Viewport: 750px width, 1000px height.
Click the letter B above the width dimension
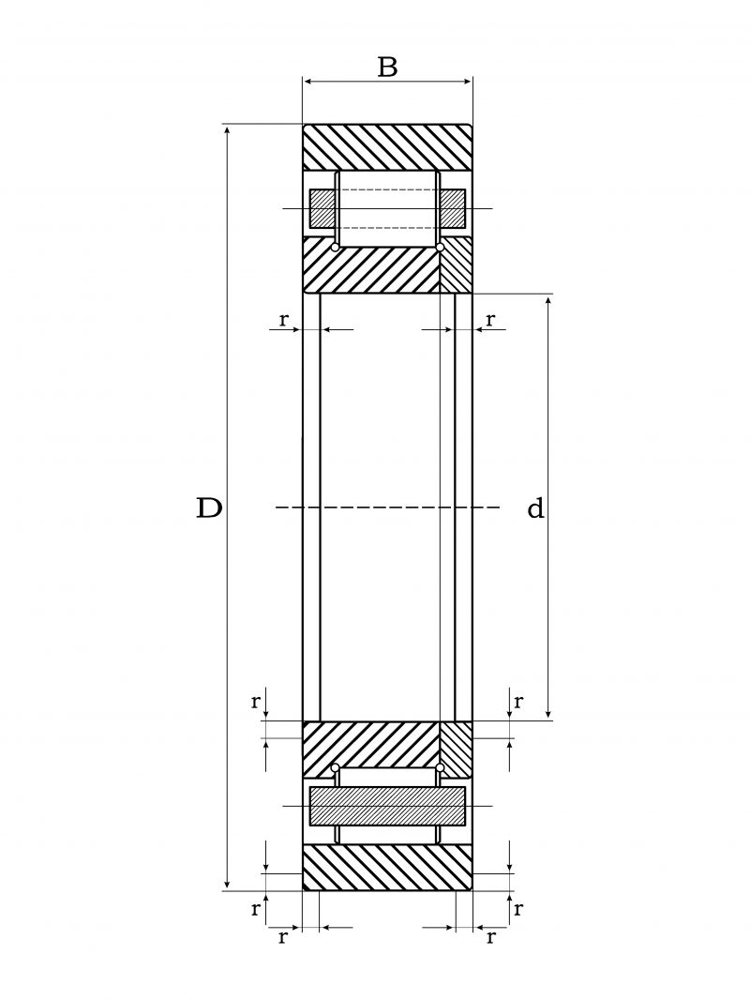(387, 68)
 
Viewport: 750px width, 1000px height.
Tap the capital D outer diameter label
(208, 508)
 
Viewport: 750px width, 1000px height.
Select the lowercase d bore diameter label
(535, 508)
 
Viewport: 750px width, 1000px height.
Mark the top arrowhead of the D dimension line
(228, 129)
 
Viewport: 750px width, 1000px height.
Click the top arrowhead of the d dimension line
(548, 299)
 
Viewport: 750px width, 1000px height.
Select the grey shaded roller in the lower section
(387, 806)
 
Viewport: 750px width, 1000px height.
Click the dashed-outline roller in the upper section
(387, 208)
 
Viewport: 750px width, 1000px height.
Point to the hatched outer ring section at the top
(387, 146)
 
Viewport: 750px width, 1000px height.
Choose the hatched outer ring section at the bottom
(387, 867)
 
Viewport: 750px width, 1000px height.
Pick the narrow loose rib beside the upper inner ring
(456, 265)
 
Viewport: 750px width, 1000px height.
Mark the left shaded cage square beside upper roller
(322, 208)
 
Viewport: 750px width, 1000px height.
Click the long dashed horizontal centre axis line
(387, 508)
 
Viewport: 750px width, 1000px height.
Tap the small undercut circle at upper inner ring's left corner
(335, 247)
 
